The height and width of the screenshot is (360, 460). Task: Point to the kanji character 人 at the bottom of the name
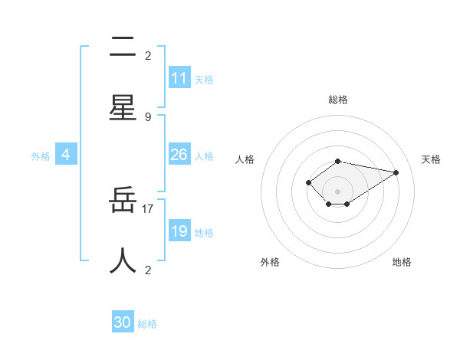[x=123, y=260]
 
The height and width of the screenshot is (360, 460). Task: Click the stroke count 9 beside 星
[x=148, y=116]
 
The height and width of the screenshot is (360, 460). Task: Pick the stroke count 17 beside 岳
[x=148, y=208]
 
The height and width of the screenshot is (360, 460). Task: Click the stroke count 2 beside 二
[x=148, y=55]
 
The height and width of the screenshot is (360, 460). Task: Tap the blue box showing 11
[x=179, y=78]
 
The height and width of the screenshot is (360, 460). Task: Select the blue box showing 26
[x=179, y=155]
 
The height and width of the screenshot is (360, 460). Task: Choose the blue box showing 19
[x=179, y=231]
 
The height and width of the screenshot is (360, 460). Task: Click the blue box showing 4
[x=66, y=155]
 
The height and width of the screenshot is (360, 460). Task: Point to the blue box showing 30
[x=123, y=322]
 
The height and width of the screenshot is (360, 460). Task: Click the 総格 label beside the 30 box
[x=147, y=324]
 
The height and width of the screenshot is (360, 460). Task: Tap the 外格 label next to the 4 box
[x=41, y=156]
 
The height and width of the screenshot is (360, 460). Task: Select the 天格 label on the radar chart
[x=431, y=159]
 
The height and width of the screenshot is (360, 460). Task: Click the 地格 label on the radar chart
[x=402, y=262]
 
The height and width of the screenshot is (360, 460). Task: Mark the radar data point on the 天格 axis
[x=396, y=172]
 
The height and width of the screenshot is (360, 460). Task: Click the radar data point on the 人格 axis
[x=308, y=182]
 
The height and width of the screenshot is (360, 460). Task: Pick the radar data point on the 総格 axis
[x=338, y=161]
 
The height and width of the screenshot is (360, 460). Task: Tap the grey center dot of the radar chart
[x=338, y=191]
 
